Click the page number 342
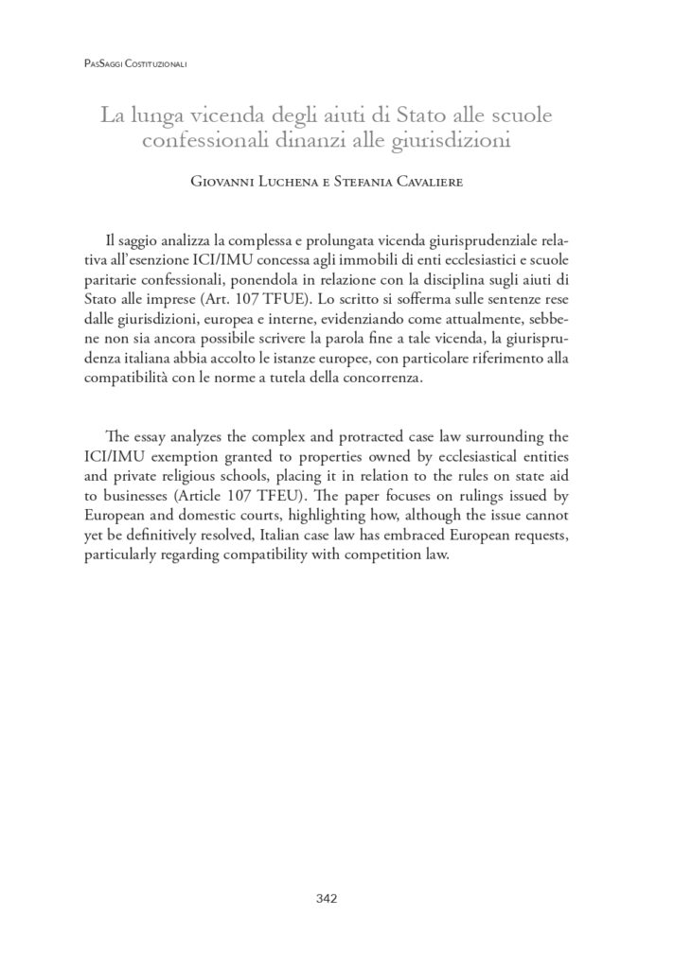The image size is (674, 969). point(326,898)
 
